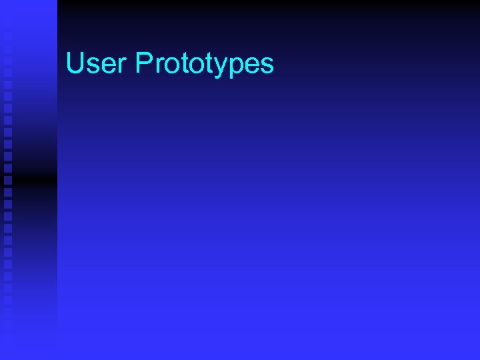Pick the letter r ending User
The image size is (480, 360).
(119, 66)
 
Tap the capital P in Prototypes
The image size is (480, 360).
(143, 64)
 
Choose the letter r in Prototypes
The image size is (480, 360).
(157, 66)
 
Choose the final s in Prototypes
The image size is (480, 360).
(265, 66)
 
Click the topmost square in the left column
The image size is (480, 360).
(8, 37)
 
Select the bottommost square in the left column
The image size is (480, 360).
(8, 325)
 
